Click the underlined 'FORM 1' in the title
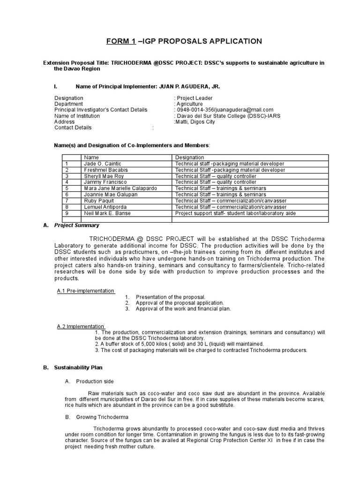click(121, 41)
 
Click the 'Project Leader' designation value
click(195, 98)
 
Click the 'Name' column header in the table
click(91, 157)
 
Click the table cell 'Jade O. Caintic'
click(101, 164)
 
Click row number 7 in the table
click(67, 201)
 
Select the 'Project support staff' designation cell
click(235, 213)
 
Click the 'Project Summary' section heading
click(77, 225)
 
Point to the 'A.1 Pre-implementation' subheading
click(85, 291)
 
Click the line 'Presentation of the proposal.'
click(171, 297)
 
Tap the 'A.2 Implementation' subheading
click(80, 326)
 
